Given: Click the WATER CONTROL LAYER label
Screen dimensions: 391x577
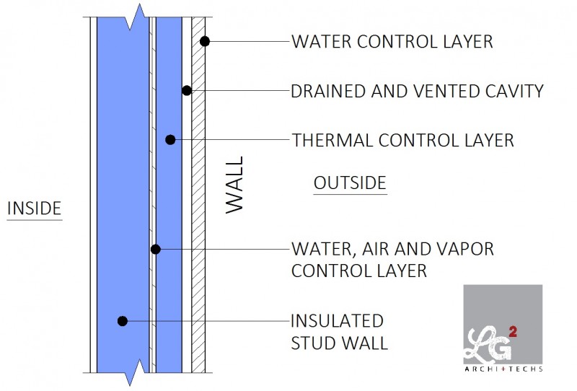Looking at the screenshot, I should (x=392, y=41).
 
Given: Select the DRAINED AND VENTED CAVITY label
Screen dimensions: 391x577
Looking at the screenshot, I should (x=416, y=91).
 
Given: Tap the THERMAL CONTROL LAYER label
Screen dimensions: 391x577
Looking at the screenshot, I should (x=402, y=139).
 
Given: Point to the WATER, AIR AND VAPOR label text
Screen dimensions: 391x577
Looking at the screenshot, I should (x=392, y=249).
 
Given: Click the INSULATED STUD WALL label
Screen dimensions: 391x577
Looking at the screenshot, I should (x=338, y=331).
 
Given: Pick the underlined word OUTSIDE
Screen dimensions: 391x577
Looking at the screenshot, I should (x=350, y=183).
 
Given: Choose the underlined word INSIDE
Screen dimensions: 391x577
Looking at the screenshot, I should (x=34, y=208).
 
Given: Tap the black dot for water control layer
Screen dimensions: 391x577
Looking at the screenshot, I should (x=205, y=41).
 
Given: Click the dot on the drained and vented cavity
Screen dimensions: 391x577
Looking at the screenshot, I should (x=187, y=91).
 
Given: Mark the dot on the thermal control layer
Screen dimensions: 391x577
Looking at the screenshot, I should (x=170, y=139).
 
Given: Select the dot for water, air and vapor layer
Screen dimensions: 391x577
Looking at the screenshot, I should (x=155, y=249).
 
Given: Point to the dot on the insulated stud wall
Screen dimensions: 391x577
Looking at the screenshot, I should (x=123, y=320).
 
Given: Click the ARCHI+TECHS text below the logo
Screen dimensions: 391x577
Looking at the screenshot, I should (x=503, y=369).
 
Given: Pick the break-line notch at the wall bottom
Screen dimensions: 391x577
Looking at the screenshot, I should (x=130, y=375).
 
